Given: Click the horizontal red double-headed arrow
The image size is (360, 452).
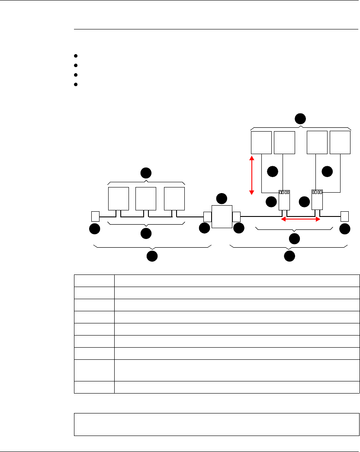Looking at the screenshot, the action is tap(301, 220).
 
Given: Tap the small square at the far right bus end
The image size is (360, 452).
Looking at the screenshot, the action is tap(344, 216).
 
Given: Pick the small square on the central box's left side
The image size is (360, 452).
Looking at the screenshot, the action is tap(207, 216).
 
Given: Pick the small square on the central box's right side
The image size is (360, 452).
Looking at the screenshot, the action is tap(237, 216).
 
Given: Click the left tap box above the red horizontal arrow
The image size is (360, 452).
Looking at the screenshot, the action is tap(284, 200).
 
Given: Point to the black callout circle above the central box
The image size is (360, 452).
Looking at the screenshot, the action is tap(222, 199).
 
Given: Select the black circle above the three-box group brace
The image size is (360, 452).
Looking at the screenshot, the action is tap(146, 173).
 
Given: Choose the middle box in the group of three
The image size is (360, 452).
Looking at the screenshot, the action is tap(146, 198).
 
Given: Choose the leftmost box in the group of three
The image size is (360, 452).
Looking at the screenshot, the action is tap(118, 198).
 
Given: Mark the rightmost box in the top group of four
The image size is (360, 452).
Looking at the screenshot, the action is tap(340, 142).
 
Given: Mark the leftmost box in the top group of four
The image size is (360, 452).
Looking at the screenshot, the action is tap(261, 142).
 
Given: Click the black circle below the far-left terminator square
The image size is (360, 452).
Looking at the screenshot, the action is tap(94, 229).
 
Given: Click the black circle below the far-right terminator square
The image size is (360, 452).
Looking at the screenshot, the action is tap(345, 229).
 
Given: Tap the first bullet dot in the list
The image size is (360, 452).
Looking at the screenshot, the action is tap(75, 56).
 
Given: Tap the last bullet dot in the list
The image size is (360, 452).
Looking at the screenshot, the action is tap(75, 84).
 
